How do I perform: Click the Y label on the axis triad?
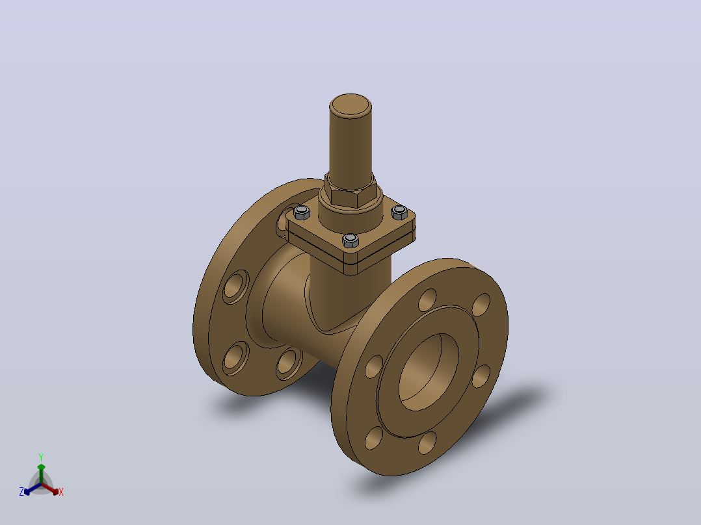[41, 457]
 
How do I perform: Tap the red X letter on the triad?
[61, 492]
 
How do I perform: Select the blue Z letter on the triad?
[21, 492]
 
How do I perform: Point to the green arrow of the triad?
[41, 474]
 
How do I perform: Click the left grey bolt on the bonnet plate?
[302, 212]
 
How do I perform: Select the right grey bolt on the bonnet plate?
[399, 212]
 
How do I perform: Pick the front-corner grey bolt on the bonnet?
[350, 240]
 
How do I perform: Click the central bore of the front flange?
[428, 372]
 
